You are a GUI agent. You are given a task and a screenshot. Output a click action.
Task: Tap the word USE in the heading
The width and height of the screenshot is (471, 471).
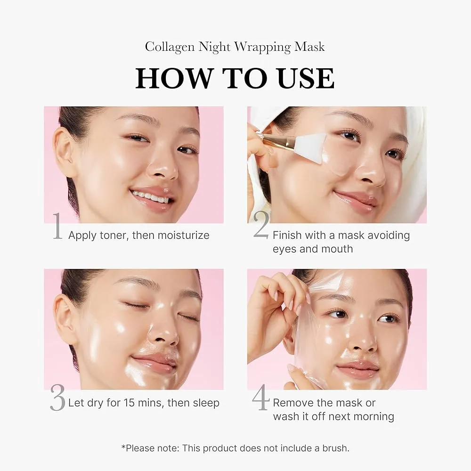(x=301, y=78)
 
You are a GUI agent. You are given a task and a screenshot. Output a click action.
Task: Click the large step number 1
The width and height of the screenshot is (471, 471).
(x=57, y=227)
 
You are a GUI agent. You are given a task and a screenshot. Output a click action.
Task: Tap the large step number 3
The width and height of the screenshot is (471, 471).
(x=57, y=398)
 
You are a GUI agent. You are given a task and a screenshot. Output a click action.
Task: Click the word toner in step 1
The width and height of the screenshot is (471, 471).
(x=112, y=235)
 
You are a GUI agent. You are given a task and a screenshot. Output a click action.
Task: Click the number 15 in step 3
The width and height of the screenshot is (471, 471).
(x=130, y=403)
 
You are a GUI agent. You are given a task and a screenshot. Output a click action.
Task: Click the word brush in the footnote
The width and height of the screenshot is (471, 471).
(x=334, y=448)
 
